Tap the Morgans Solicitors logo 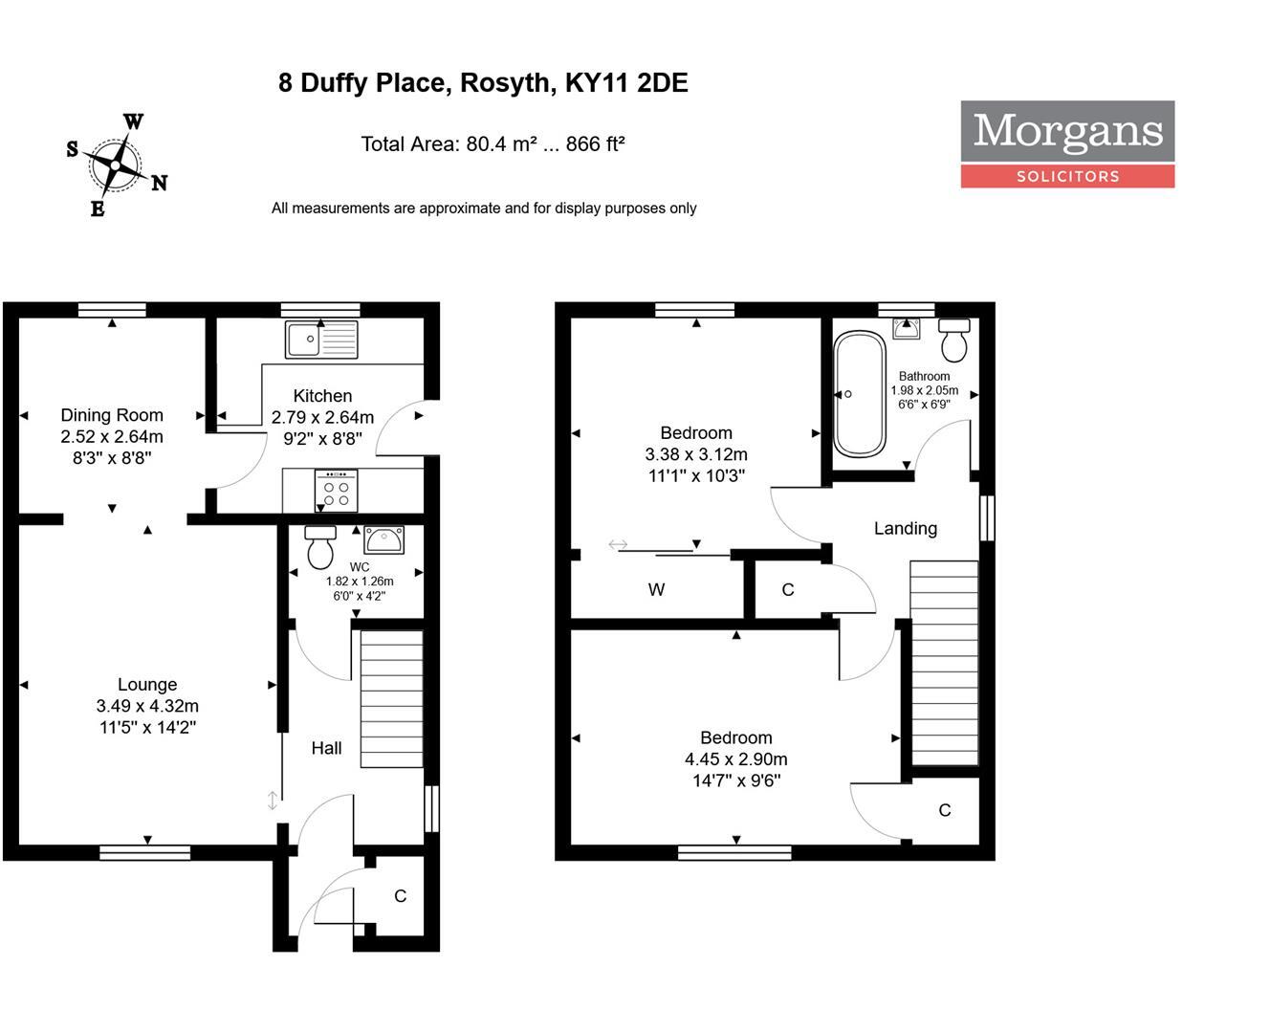(x=1067, y=143)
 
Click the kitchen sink (x=321, y=340)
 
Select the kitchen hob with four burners (x=336, y=492)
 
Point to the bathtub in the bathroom (x=859, y=394)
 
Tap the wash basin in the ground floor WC (x=384, y=539)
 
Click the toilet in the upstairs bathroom (x=954, y=339)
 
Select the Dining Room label (x=112, y=415)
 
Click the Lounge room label (x=147, y=685)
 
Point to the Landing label (x=905, y=528)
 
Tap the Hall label (x=326, y=748)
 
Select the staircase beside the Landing (x=944, y=663)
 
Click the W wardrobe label (x=656, y=589)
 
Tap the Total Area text (x=493, y=144)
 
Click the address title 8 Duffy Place (x=483, y=83)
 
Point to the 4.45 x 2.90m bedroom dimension (x=735, y=759)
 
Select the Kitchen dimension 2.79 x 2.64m (x=322, y=417)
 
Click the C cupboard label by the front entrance (x=400, y=896)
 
